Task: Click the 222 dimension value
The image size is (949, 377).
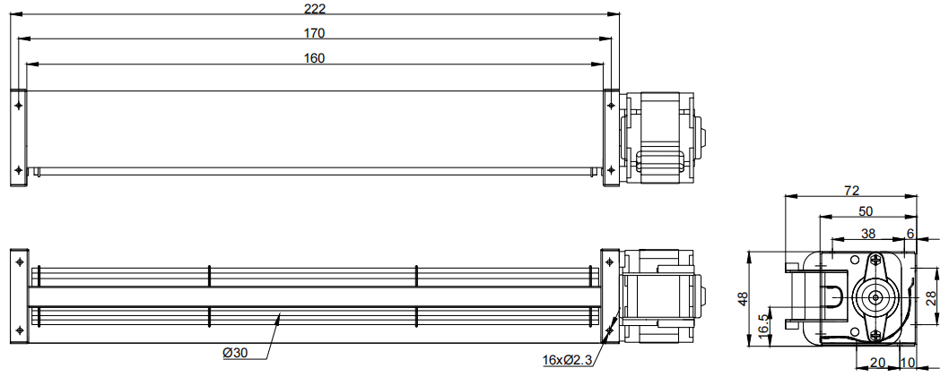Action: coord(315,8)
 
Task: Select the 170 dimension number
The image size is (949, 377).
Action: coord(315,33)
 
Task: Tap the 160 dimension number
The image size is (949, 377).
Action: coord(315,58)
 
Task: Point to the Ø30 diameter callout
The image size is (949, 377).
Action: coord(235,354)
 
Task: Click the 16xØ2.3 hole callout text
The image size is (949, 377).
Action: coord(567,361)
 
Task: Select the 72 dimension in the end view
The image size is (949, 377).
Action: coord(851,191)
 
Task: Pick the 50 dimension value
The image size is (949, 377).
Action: coord(866,210)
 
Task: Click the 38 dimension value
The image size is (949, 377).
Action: coord(868,233)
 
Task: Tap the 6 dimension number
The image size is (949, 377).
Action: coord(910,233)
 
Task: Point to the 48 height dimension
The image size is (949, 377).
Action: coord(744,298)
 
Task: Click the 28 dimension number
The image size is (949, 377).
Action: coord(932,298)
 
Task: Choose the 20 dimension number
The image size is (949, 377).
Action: coord(877,363)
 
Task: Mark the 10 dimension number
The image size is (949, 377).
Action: coord(908,363)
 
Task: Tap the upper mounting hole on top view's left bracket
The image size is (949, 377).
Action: coord(19,105)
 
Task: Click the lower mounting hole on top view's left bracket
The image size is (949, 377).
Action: coord(19,168)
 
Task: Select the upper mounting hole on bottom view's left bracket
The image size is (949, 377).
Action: coord(20,261)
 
